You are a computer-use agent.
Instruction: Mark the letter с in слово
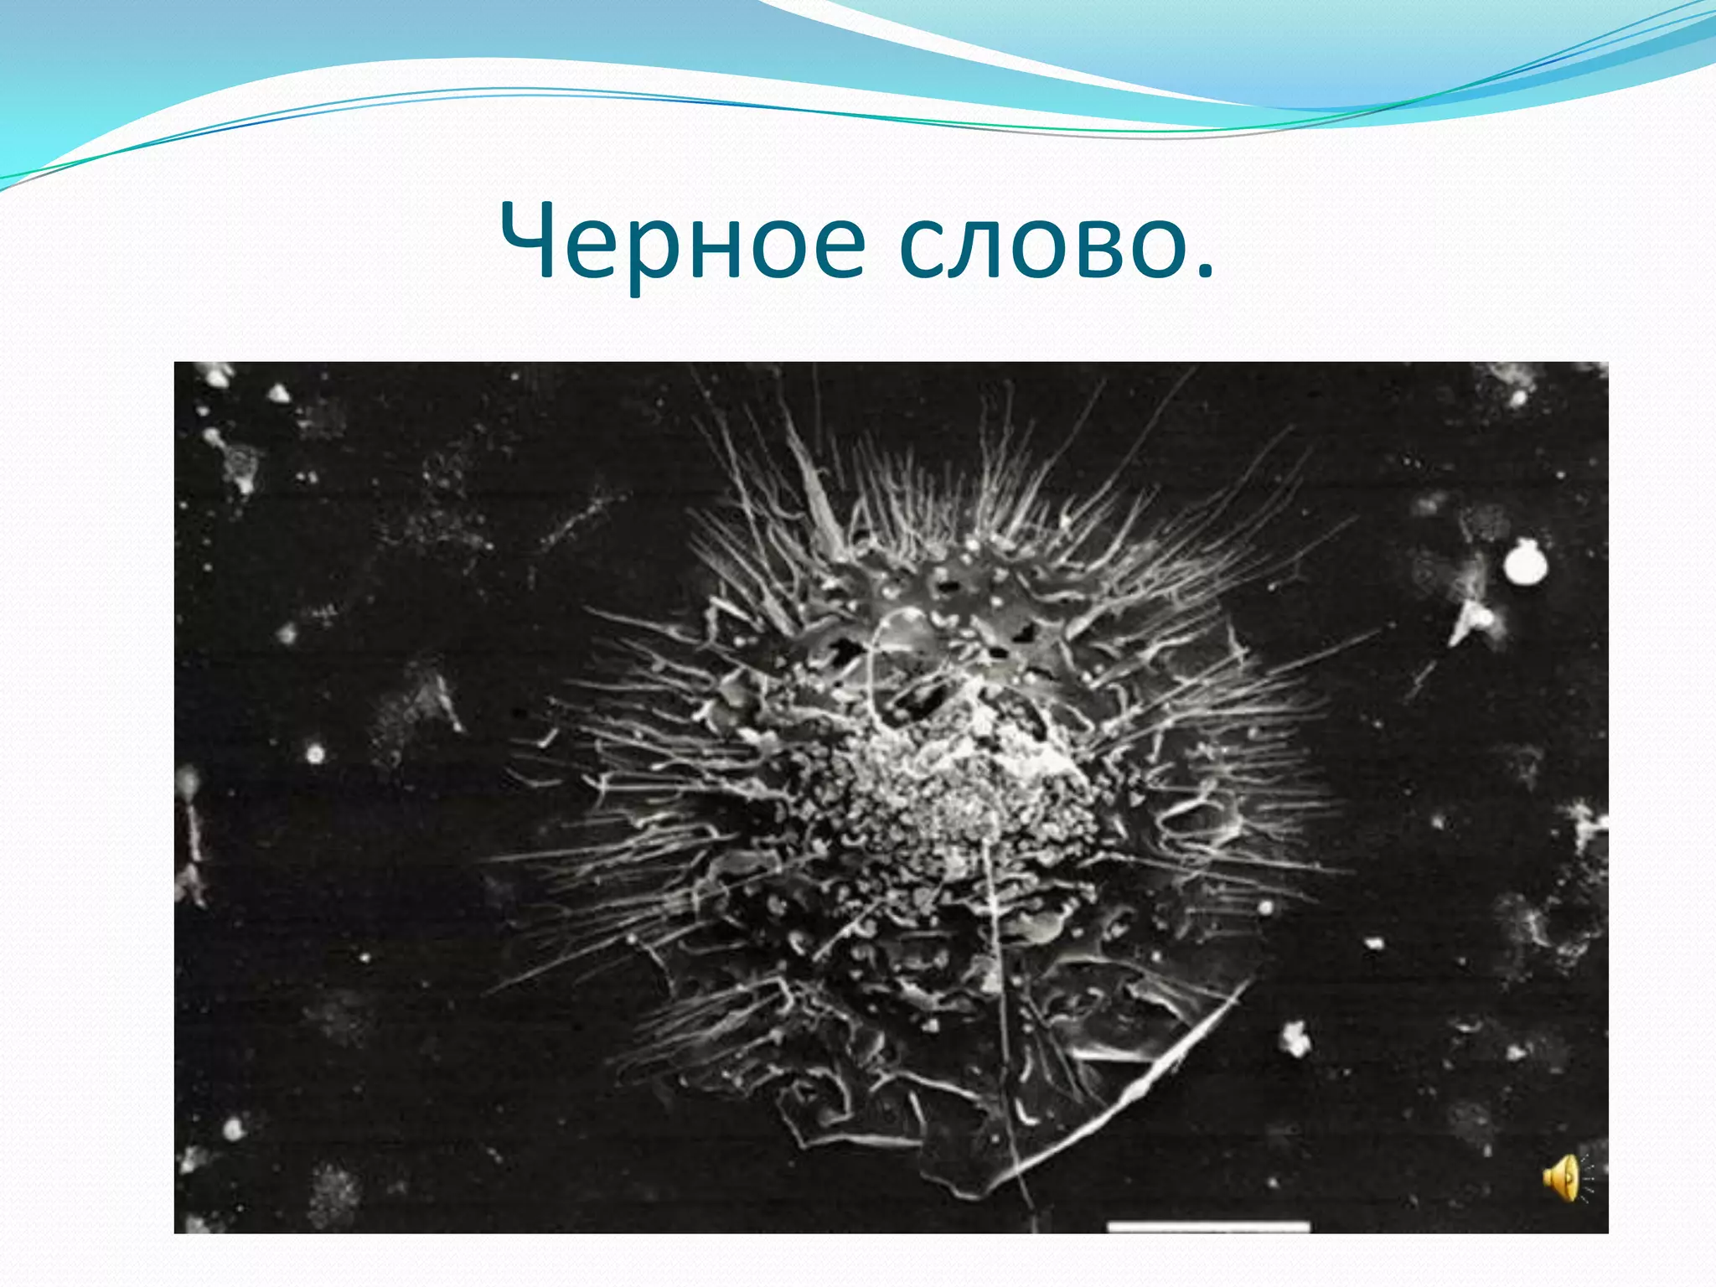pos(923,249)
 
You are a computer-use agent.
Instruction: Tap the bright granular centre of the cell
pos(964,804)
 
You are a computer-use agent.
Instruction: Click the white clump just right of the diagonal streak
pos(1296,1040)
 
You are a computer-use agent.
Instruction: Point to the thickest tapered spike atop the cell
pos(817,494)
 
